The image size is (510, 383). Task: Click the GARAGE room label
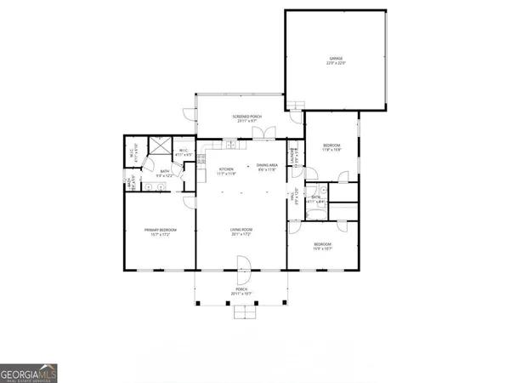[337, 59]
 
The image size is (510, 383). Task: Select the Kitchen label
[226, 169]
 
